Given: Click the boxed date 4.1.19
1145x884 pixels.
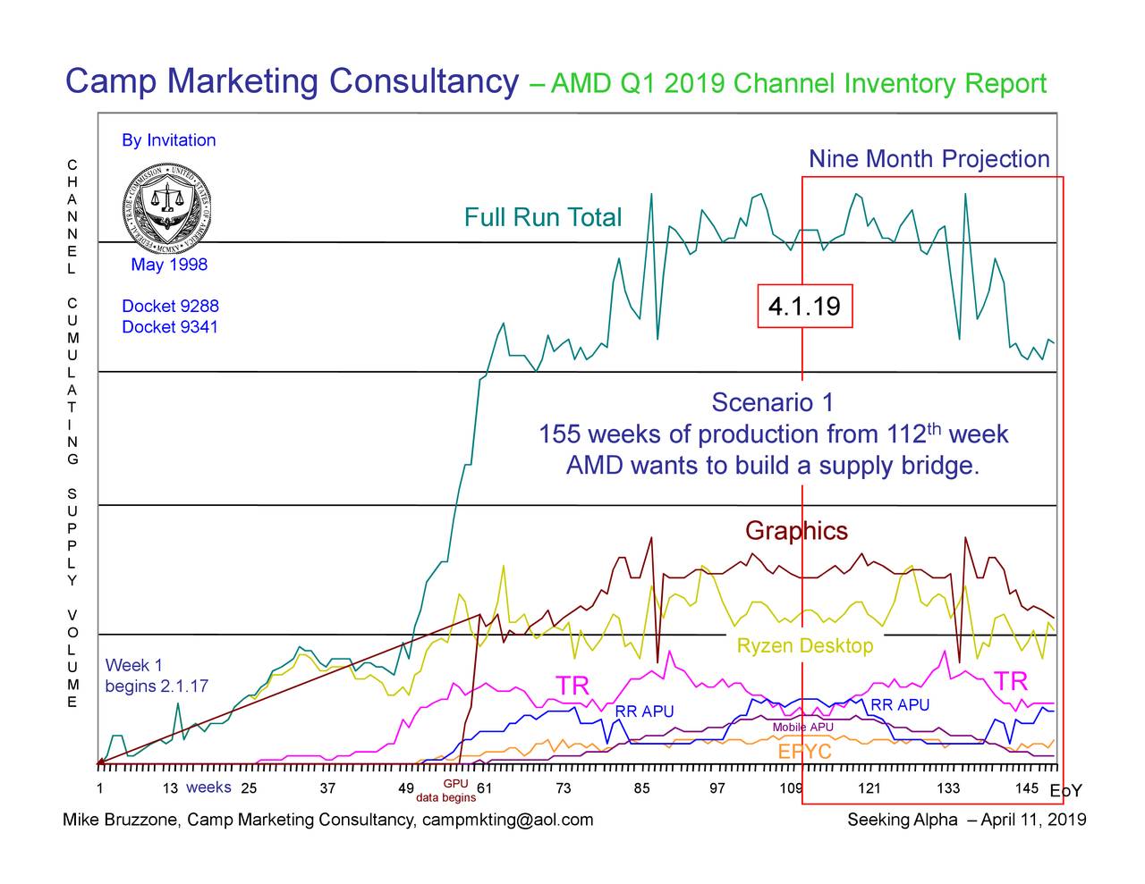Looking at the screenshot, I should coord(804,307).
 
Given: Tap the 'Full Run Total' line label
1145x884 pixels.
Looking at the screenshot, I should coord(542,217).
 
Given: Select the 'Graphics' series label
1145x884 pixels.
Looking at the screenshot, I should coord(796,531).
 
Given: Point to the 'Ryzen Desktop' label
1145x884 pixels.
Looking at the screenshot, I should coord(804,645).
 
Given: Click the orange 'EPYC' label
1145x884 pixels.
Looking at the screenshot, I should coord(804,752).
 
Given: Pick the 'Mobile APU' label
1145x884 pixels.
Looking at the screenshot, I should coord(802,727).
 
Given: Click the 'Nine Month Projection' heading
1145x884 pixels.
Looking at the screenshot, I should coord(929,159).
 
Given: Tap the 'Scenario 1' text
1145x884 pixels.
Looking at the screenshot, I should coord(772,402).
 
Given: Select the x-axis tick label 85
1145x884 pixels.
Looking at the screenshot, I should coord(641,788).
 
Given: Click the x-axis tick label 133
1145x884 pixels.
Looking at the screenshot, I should coord(948,788).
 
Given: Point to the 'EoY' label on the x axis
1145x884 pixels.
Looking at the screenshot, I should coord(1065,791).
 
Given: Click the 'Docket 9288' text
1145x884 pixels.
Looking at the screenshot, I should coord(170,306).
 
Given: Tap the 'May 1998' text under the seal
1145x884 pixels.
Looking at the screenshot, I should coord(169,265).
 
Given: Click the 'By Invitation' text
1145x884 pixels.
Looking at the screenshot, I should coord(168,140).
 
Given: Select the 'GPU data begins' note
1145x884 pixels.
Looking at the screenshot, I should coord(446,792).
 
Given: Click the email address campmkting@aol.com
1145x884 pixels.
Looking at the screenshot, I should coord(507,820).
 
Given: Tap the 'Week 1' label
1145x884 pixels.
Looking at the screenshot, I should coord(133,665).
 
